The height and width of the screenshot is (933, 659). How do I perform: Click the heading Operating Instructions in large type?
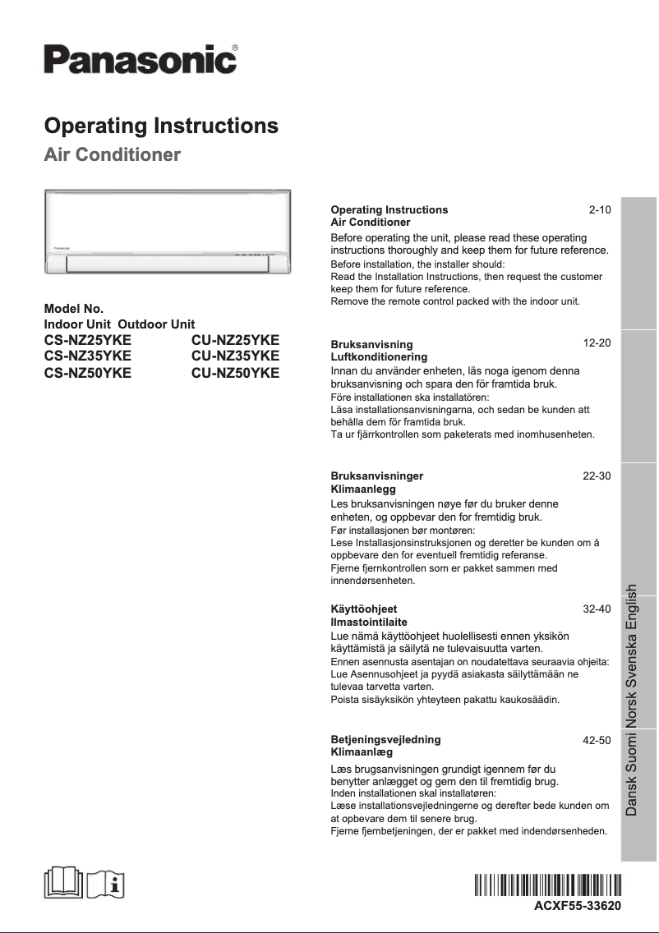click(161, 126)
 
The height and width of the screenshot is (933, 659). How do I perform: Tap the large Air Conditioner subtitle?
click(112, 155)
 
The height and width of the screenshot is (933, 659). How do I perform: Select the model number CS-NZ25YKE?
click(87, 340)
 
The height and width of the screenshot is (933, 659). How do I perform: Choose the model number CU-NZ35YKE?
click(235, 356)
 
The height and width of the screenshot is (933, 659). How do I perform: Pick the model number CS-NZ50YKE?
click(87, 372)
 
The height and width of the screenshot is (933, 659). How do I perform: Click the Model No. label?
click(74, 310)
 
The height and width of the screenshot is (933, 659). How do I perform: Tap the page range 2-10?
click(600, 210)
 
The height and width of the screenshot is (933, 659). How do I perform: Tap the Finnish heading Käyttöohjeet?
click(363, 609)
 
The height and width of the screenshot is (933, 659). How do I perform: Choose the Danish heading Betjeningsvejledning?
click(385, 739)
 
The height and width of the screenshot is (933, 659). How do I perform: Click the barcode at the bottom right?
click(547, 886)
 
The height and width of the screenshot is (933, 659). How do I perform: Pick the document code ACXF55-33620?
click(578, 905)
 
